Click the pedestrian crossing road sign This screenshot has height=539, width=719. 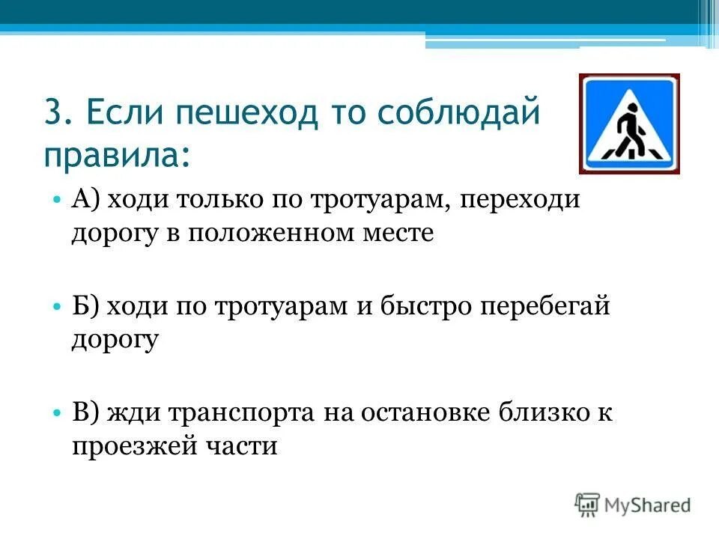tap(629, 124)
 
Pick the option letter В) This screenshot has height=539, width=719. tap(89, 414)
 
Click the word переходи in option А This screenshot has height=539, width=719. tap(520, 201)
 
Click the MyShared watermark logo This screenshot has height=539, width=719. tap(633, 504)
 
